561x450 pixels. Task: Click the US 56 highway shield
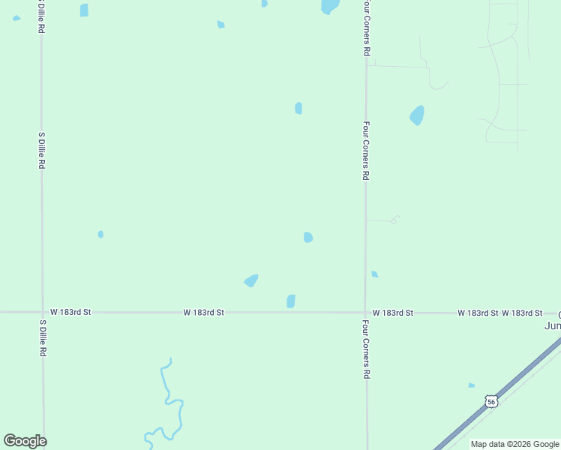(x=490, y=401)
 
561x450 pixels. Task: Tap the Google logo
(x=25, y=441)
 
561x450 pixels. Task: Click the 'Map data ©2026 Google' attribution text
(x=514, y=444)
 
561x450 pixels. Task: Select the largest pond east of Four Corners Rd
(x=417, y=115)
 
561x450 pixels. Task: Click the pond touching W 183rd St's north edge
(x=291, y=301)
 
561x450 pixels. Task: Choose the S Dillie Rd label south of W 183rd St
(x=43, y=338)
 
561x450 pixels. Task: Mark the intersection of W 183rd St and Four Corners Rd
(x=366, y=312)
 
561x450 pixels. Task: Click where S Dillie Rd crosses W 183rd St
(x=42, y=311)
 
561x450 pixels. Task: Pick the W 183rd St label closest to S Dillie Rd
(x=70, y=312)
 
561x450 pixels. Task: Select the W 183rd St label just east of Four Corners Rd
(x=392, y=312)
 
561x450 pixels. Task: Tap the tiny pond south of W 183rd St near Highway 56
(x=471, y=385)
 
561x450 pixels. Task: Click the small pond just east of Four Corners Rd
(x=374, y=274)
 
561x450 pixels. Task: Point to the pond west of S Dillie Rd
(x=16, y=18)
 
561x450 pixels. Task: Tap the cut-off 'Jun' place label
(x=553, y=325)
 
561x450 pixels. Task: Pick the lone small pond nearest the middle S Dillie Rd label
(x=100, y=234)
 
